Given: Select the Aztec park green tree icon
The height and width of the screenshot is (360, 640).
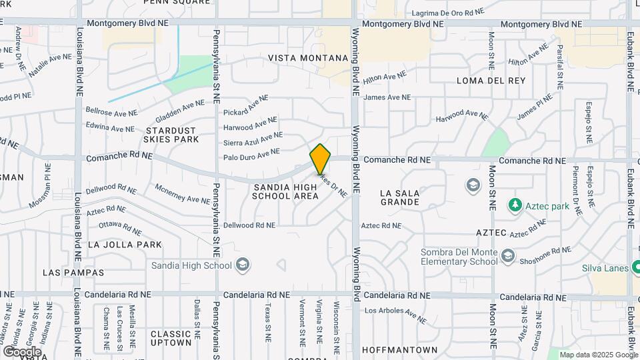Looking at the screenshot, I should tap(514, 205).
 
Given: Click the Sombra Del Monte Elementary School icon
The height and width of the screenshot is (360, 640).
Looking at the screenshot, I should tap(508, 256).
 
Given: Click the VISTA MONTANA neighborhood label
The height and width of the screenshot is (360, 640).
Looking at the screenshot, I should tap(308, 59).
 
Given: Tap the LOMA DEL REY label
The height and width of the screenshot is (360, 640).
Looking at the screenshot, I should tap(491, 81).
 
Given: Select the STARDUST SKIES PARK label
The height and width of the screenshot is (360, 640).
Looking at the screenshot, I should tap(171, 135).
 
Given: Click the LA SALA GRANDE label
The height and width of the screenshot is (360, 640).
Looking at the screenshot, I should tap(400, 197).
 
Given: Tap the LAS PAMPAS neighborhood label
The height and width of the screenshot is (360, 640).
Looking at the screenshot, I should tap(73, 273).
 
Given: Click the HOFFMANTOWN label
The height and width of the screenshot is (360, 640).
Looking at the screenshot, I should tap(400, 349).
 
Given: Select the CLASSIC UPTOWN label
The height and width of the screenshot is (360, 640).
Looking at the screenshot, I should tap(171, 338).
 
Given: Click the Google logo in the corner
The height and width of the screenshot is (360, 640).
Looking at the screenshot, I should tap(22, 351).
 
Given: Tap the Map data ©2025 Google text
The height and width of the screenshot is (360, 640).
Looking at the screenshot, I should tap(598, 355).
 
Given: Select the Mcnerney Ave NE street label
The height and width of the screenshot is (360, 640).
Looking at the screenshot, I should tap(182, 195).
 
